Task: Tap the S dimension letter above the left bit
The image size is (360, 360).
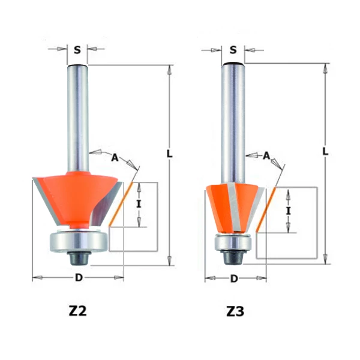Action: [77, 50]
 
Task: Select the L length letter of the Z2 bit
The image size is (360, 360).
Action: [170, 154]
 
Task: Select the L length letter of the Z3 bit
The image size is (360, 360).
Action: [325, 151]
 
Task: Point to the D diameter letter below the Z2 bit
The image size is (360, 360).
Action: [77, 278]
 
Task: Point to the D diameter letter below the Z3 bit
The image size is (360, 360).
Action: [234, 278]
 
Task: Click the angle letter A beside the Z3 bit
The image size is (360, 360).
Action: [266, 155]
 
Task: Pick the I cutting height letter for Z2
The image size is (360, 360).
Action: [139, 204]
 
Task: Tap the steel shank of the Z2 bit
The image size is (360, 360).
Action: [77, 114]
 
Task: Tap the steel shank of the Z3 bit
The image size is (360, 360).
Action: [233, 120]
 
